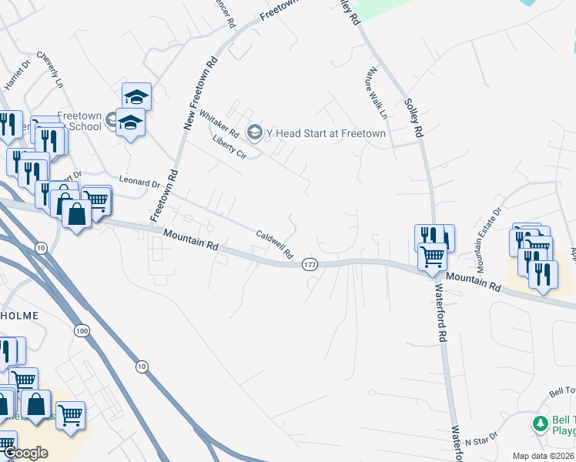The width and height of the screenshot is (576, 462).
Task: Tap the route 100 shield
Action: pos(82,330)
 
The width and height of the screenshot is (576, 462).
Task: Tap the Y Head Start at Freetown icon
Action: pos(256,133)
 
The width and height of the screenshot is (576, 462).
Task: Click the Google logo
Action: pos(25,453)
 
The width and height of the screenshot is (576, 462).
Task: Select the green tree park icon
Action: pos(540,424)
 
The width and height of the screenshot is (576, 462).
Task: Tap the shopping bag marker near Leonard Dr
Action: pos(77,213)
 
